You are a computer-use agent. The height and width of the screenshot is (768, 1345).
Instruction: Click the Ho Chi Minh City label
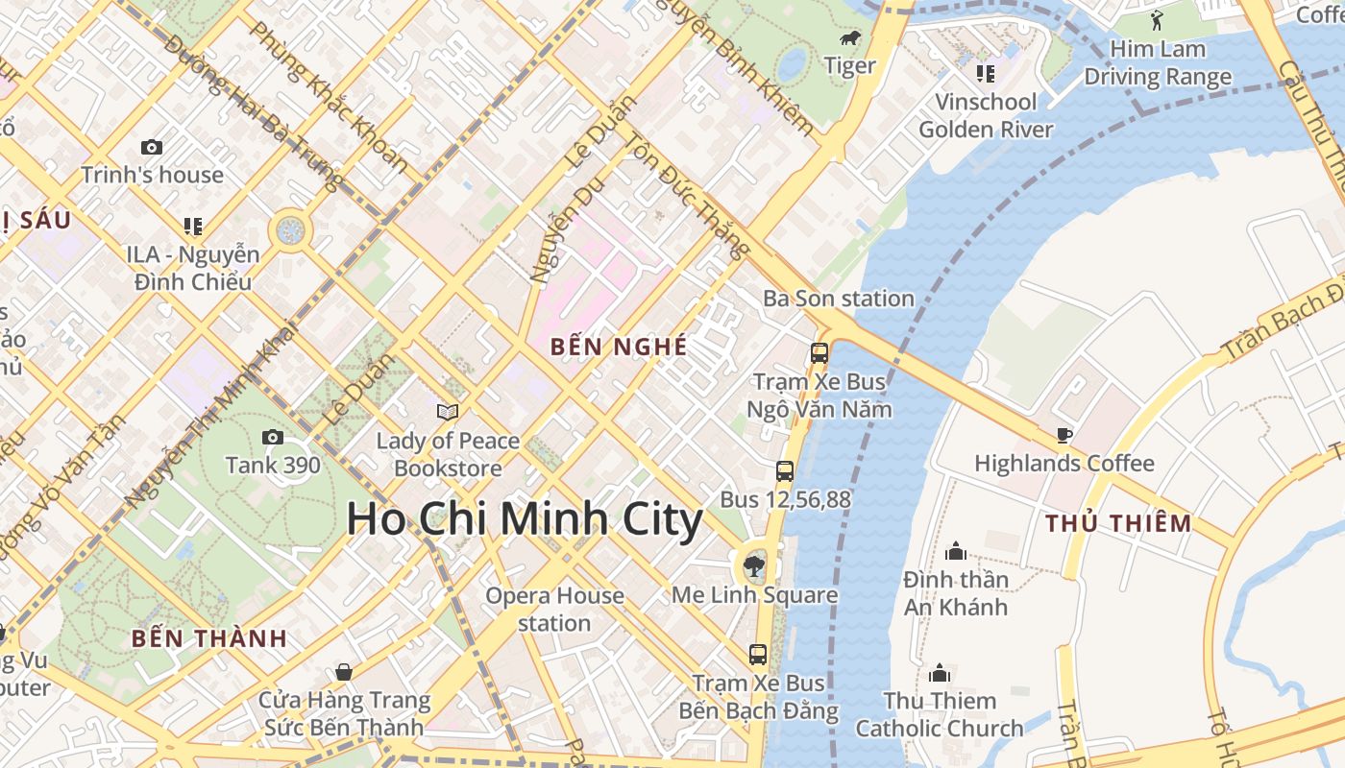point(525,519)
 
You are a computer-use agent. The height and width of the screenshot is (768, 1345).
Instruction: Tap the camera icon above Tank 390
point(273,438)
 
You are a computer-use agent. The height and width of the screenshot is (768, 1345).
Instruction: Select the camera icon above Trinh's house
point(152,147)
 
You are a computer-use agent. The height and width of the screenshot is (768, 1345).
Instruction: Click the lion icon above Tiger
point(850,38)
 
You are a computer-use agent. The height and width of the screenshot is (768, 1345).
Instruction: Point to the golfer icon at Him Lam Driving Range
point(1157,20)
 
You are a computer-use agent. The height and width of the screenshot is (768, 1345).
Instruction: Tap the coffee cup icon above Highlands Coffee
point(1064,435)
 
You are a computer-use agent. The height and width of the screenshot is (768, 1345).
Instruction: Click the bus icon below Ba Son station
point(819,352)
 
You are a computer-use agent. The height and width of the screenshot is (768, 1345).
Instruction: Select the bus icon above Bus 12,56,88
point(785,471)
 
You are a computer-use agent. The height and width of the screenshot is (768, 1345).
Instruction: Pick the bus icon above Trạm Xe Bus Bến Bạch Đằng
point(758,655)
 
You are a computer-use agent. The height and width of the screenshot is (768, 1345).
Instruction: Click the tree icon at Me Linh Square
point(754,565)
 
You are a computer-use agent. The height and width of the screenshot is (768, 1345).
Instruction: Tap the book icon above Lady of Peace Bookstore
point(448,412)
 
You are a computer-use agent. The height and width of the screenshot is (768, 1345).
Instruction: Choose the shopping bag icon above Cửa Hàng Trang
point(343,672)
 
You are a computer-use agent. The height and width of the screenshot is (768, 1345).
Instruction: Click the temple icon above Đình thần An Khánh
point(955,551)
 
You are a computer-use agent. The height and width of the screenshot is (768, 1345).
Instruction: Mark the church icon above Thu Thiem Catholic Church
point(940,673)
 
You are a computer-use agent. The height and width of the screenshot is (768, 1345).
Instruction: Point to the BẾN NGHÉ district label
point(620,347)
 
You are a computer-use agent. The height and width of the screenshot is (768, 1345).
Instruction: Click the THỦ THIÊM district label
point(1118,523)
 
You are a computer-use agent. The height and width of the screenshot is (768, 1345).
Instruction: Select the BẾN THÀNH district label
point(209,638)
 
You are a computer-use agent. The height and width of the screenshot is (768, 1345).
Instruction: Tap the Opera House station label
point(554,610)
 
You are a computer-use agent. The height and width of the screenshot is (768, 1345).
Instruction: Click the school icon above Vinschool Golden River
point(985,73)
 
